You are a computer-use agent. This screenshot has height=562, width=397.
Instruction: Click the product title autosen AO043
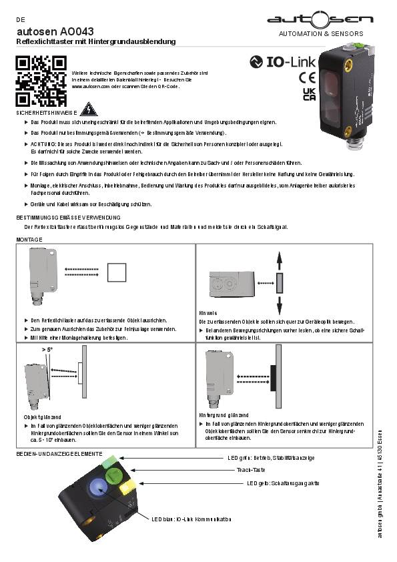[55, 31]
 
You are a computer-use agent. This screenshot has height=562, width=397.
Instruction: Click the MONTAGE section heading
[29, 238]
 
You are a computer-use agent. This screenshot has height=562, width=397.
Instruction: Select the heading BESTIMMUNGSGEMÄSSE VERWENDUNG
[68, 218]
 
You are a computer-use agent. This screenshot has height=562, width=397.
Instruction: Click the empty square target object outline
[117, 272]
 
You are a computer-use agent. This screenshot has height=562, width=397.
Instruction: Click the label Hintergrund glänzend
[224, 415]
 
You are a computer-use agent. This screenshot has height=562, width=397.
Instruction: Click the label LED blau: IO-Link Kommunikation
[191, 518]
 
